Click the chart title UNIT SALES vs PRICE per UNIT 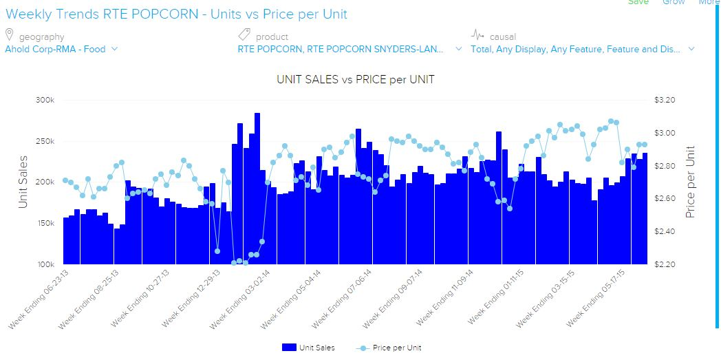tap(355, 79)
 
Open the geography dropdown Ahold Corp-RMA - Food tap(61, 49)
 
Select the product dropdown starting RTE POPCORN tap(350, 49)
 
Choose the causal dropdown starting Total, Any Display tap(582, 49)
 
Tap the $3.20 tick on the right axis tap(665, 100)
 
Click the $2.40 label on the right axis tap(665, 232)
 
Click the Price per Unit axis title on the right tap(690, 182)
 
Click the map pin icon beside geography tap(10, 35)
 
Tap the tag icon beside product tap(244, 35)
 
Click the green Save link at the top tap(638, 3)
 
